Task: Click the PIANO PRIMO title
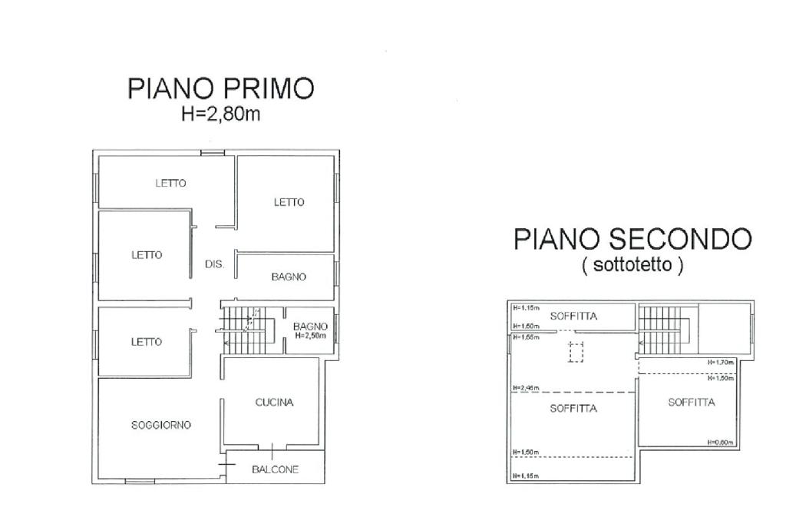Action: [x=220, y=88]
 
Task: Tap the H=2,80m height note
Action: [x=220, y=114]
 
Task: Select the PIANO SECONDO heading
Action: [x=632, y=239]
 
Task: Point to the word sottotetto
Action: [x=632, y=265]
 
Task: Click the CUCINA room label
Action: [x=274, y=402]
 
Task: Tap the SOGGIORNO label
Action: [x=160, y=425]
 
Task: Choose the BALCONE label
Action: [x=276, y=469]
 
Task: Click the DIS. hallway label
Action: [x=214, y=264]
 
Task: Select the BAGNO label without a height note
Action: [x=289, y=277]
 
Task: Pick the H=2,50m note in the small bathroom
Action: [x=311, y=336]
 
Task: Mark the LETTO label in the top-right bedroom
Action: [x=289, y=202]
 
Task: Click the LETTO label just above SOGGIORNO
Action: [x=146, y=342]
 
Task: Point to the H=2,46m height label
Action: [x=526, y=388]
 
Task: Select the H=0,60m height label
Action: [x=722, y=442]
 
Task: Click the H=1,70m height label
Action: [x=722, y=362]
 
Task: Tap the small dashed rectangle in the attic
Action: [x=576, y=352]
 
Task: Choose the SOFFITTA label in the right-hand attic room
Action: [x=691, y=402]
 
